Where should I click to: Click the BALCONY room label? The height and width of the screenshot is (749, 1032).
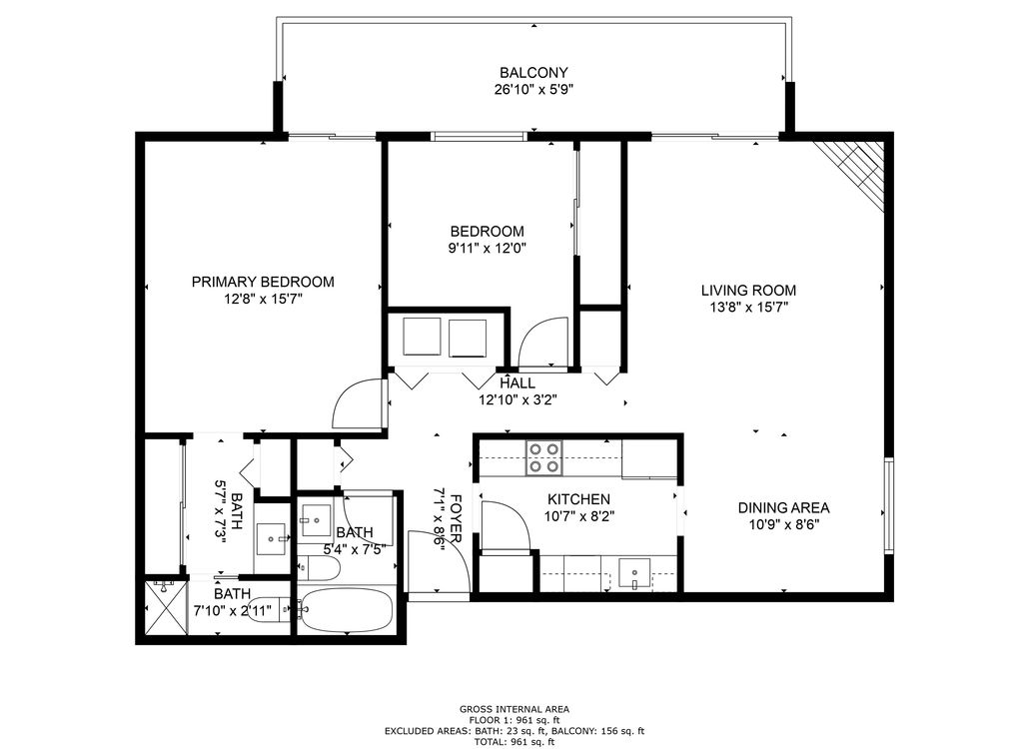pyautogui.click(x=533, y=72)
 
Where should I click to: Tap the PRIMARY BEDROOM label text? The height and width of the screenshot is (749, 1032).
pyautogui.click(x=263, y=282)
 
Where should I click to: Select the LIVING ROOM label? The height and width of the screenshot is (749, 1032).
pyautogui.click(x=748, y=291)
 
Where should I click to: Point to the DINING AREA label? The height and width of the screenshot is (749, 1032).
pyautogui.click(x=783, y=508)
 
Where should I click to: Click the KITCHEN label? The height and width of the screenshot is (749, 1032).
pyautogui.click(x=579, y=499)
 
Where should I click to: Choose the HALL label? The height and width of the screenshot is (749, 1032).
pyautogui.click(x=517, y=383)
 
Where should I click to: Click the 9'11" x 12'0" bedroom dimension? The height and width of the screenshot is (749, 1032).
pyautogui.click(x=488, y=249)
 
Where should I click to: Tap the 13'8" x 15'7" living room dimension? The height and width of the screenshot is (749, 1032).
pyautogui.click(x=748, y=307)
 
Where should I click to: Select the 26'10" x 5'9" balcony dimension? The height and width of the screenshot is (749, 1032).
pyautogui.click(x=534, y=90)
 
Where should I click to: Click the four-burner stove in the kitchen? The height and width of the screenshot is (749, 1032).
pyautogui.click(x=544, y=457)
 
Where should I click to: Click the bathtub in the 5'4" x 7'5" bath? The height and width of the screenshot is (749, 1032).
pyautogui.click(x=347, y=609)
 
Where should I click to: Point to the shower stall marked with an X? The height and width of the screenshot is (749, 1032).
pyautogui.click(x=162, y=608)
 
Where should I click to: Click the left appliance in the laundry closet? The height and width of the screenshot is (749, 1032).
pyautogui.click(x=422, y=338)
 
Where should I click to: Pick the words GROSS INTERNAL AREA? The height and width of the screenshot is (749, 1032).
pyautogui.click(x=515, y=709)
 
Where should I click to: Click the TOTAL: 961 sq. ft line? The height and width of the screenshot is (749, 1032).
pyautogui.click(x=515, y=742)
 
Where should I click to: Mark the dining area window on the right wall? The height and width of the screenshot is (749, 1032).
pyautogui.click(x=888, y=504)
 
